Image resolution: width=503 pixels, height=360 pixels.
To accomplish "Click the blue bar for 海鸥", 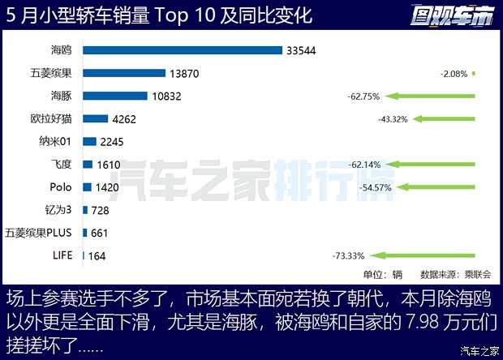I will coord(183,50).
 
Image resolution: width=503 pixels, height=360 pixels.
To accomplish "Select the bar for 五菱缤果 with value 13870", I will coord(123,73).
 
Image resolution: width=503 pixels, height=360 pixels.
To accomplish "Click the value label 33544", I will coord(300,50).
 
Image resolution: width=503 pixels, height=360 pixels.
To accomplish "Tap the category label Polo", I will coord(60,186).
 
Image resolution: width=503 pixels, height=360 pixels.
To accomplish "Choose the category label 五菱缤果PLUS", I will coord(38,233).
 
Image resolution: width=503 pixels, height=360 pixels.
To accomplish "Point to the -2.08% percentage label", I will coord(454,74).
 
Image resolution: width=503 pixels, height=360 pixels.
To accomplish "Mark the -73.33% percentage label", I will coord(347,256).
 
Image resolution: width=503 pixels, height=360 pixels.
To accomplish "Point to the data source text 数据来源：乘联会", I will coord(455,275).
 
